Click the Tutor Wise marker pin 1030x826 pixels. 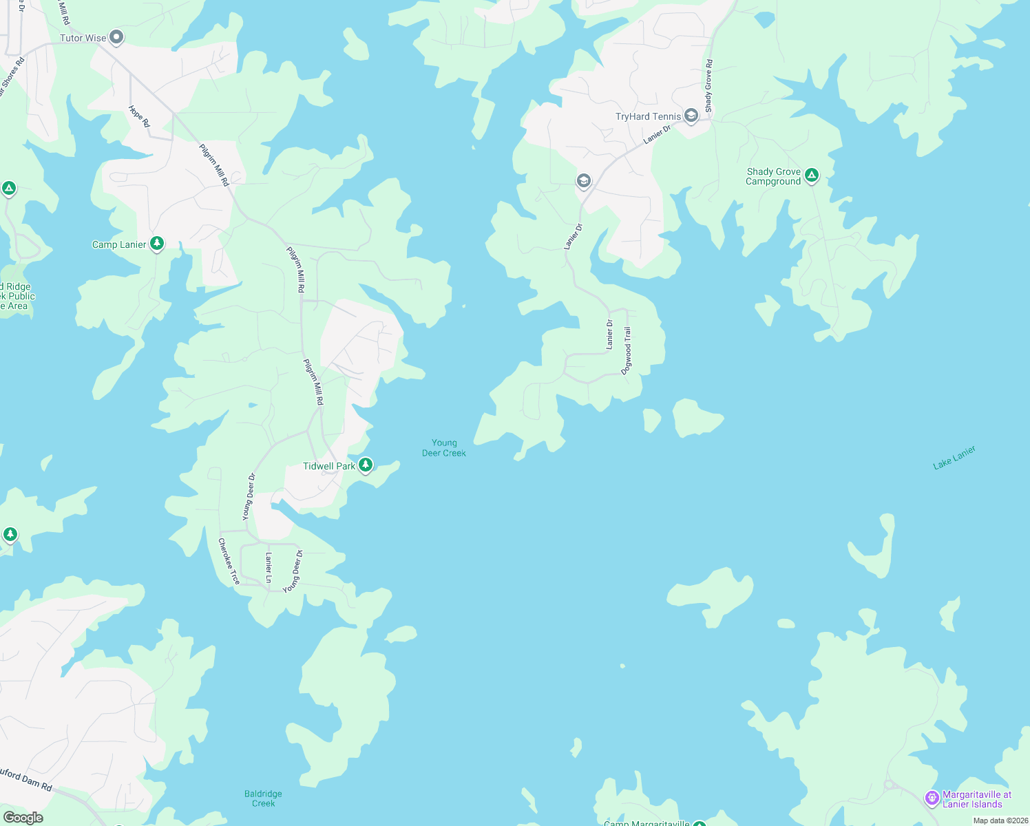click(117, 37)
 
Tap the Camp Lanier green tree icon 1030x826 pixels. click(158, 244)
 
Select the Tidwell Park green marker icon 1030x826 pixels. click(366, 465)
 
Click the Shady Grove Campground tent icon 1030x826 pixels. click(812, 176)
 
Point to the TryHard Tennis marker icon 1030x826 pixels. click(691, 116)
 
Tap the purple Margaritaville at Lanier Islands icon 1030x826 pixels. click(932, 798)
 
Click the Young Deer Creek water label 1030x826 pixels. click(444, 448)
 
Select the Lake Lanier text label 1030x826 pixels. click(954, 458)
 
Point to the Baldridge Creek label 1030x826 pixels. click(263, 798)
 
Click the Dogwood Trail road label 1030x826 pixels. click(627, 351)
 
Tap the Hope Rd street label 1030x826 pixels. click(139, 116)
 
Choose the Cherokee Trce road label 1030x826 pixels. click(229, 562)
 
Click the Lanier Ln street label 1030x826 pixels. click(269, 567)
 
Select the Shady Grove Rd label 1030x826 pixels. click(708, 86)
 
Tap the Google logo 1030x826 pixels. click(23, 818)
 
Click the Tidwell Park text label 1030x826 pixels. click(329, 466)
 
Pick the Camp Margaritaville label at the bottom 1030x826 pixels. click(647, 823)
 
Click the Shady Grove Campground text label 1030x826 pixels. click(773, 176)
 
